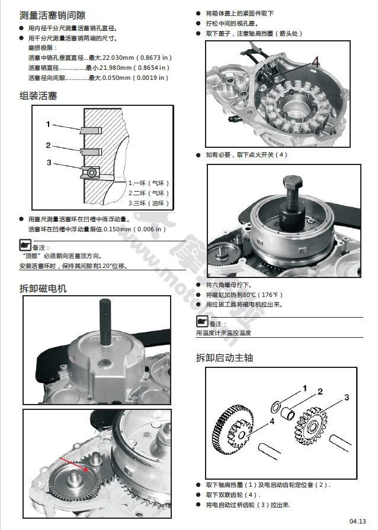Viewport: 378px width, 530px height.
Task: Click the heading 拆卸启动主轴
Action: [225, 358]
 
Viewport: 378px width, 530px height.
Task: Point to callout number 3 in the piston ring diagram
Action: [49, 163]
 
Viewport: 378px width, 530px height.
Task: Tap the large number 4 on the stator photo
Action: [315, 61]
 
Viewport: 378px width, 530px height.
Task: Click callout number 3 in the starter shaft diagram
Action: [347, 397]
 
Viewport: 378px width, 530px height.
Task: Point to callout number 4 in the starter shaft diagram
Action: [272, 421]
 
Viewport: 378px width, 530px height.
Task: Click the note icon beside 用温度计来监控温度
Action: [202, 322]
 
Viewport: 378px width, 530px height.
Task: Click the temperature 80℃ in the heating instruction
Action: [251, 295]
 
